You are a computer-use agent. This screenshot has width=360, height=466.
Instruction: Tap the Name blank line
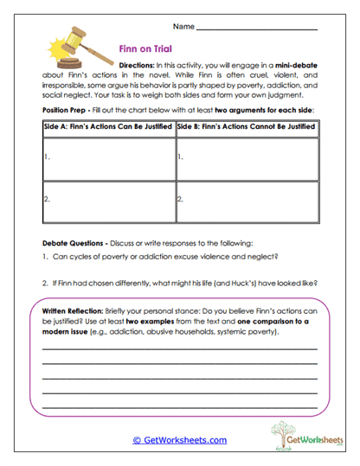click(x=257, y=29)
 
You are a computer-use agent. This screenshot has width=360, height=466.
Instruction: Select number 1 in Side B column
click(x=179, y=157)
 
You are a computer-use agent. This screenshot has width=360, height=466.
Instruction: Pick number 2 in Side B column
click(x=179, y=198)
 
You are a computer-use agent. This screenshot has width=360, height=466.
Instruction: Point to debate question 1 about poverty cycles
click(x=161, y=259)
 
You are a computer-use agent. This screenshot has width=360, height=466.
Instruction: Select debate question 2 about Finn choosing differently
click(x=178, y=283)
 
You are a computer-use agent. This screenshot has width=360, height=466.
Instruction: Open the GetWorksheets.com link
click(x=179, y=440)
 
